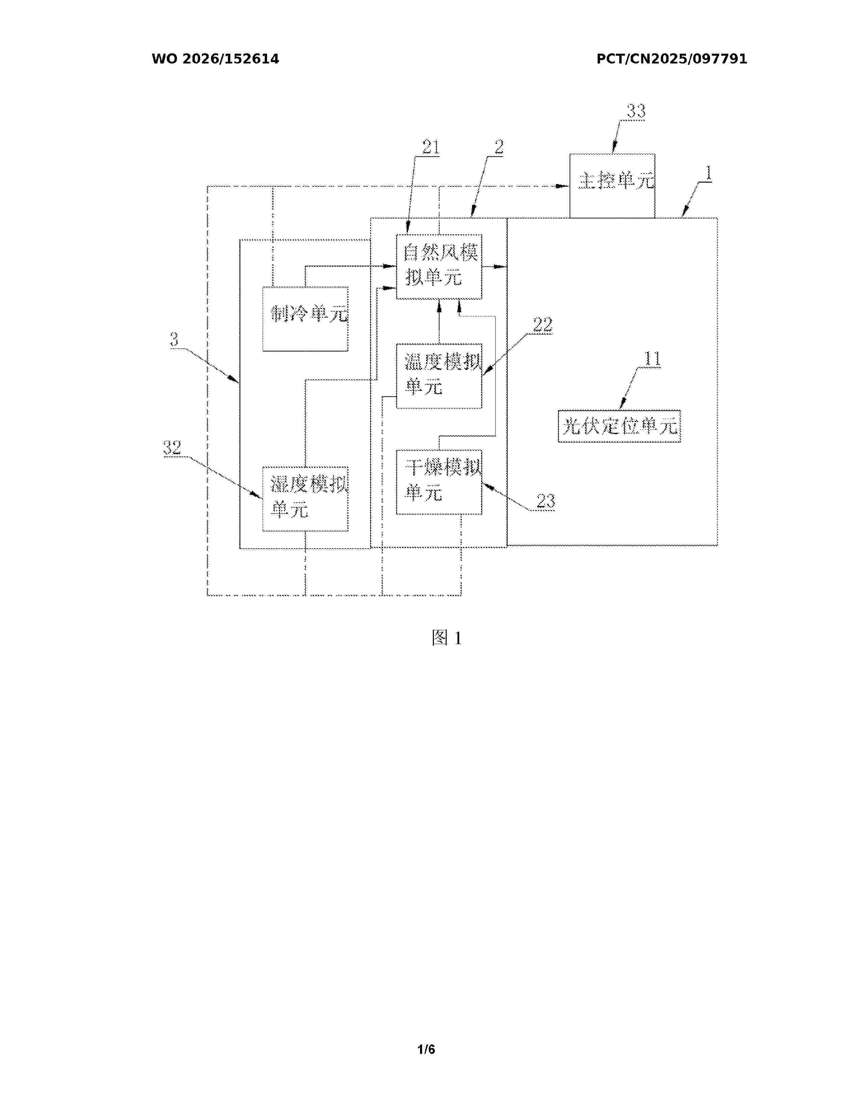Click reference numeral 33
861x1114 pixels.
pyautogui.click(x=636, y=111)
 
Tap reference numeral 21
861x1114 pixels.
pyautogui.click(x=430, y=148)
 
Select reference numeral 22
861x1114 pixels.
pyautogui.click(x=543, y=324)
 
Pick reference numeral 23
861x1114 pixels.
pyautogui.click(x=545, y=501)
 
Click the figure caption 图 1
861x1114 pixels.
pyautogui.click(x=446, y=638)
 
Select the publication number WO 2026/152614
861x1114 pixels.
pyautogui.click(x=215, y=59)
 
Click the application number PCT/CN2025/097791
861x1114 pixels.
pyautogui.click(x=672, y=59)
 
